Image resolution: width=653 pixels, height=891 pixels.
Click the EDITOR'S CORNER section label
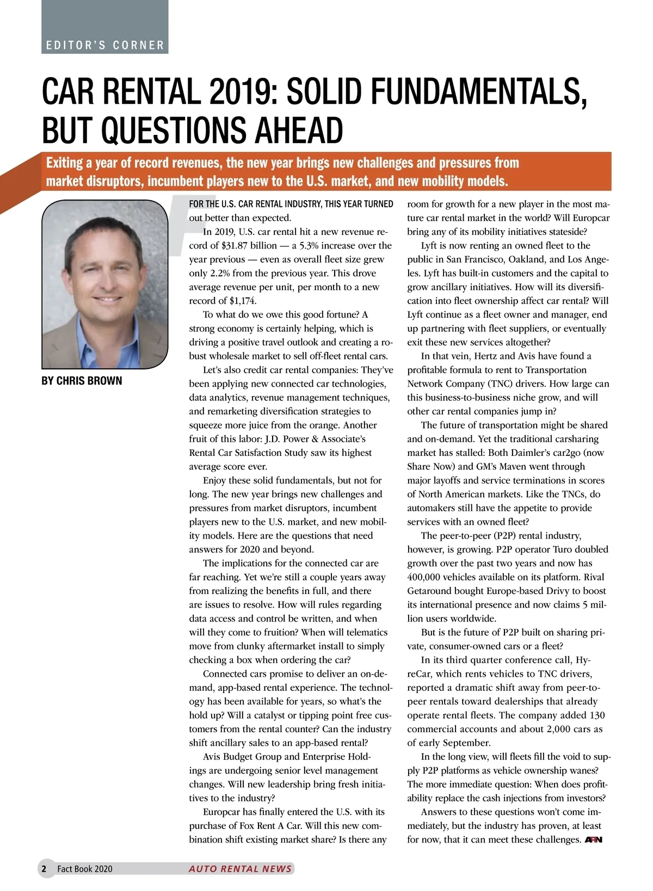point(105,45)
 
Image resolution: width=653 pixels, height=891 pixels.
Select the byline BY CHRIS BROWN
point(82,381)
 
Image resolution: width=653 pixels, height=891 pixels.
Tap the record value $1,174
point(243,301)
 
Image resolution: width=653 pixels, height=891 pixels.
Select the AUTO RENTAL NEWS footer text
point(240,869)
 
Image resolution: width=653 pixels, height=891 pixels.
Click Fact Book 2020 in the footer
point(85,869)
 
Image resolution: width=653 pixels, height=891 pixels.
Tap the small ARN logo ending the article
point(593,840)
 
